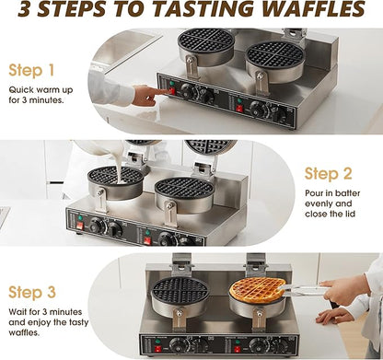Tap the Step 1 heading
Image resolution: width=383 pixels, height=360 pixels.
point(32,70)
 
